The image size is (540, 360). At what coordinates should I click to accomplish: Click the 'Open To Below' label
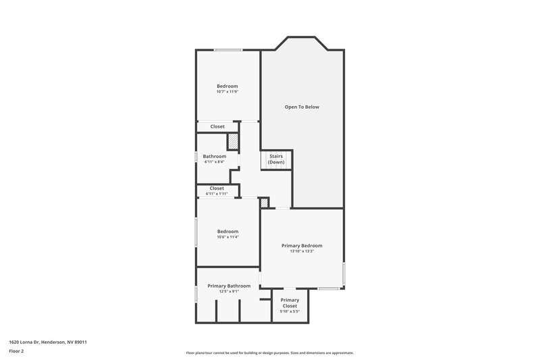301,107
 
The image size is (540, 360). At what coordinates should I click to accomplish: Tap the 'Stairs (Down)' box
276,159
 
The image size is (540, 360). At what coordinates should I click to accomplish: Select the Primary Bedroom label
302,245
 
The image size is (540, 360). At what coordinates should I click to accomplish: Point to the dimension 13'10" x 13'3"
302,252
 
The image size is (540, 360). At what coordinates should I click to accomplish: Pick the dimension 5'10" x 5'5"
290,312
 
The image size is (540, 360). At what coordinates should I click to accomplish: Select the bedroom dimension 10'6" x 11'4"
227,237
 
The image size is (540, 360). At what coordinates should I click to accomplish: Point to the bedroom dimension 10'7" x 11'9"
227,92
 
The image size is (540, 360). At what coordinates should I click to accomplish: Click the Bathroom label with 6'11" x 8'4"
215,156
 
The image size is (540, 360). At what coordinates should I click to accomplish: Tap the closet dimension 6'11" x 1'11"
217,194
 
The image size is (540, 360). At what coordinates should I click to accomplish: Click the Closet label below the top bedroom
217,126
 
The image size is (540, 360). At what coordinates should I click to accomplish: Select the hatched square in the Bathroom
233,142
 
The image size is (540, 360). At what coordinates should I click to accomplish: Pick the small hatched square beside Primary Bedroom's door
264,203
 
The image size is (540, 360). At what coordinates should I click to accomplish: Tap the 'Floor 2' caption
16,352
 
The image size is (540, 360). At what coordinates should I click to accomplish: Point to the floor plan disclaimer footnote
269,353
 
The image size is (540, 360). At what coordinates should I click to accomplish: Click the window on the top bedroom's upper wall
228,51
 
